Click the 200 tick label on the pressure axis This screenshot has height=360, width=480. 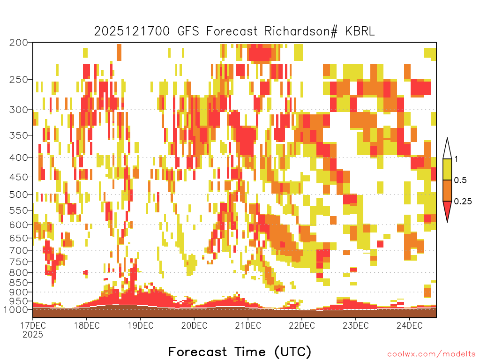(x=18, y=43)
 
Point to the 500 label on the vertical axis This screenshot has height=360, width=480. (x=18, y=195)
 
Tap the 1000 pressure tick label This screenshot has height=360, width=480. (x=15, y=309)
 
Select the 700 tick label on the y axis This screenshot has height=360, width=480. (x=18, y=250)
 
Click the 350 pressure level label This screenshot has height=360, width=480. (x=18, y=135)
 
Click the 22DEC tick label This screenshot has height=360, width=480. (x=302, y=325)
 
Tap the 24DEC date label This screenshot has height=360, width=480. (x=410, y=325)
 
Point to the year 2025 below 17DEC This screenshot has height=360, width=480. (x=33, y=335)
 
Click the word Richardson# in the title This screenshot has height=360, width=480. (x=301, y=31)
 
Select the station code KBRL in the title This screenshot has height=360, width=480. (x=360, y=31)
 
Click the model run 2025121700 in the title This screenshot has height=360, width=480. (x=132, y=31)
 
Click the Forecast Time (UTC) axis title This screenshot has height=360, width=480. (x=240, y=352)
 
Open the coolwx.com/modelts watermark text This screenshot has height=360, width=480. (x=432, y=354)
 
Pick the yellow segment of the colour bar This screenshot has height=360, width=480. (x=447, y=169)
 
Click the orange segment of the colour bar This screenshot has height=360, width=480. (x=447, y=190)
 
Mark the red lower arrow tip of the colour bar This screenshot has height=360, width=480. (x=447, y=222)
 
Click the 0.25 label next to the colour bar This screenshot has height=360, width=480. (x=463, y=202)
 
